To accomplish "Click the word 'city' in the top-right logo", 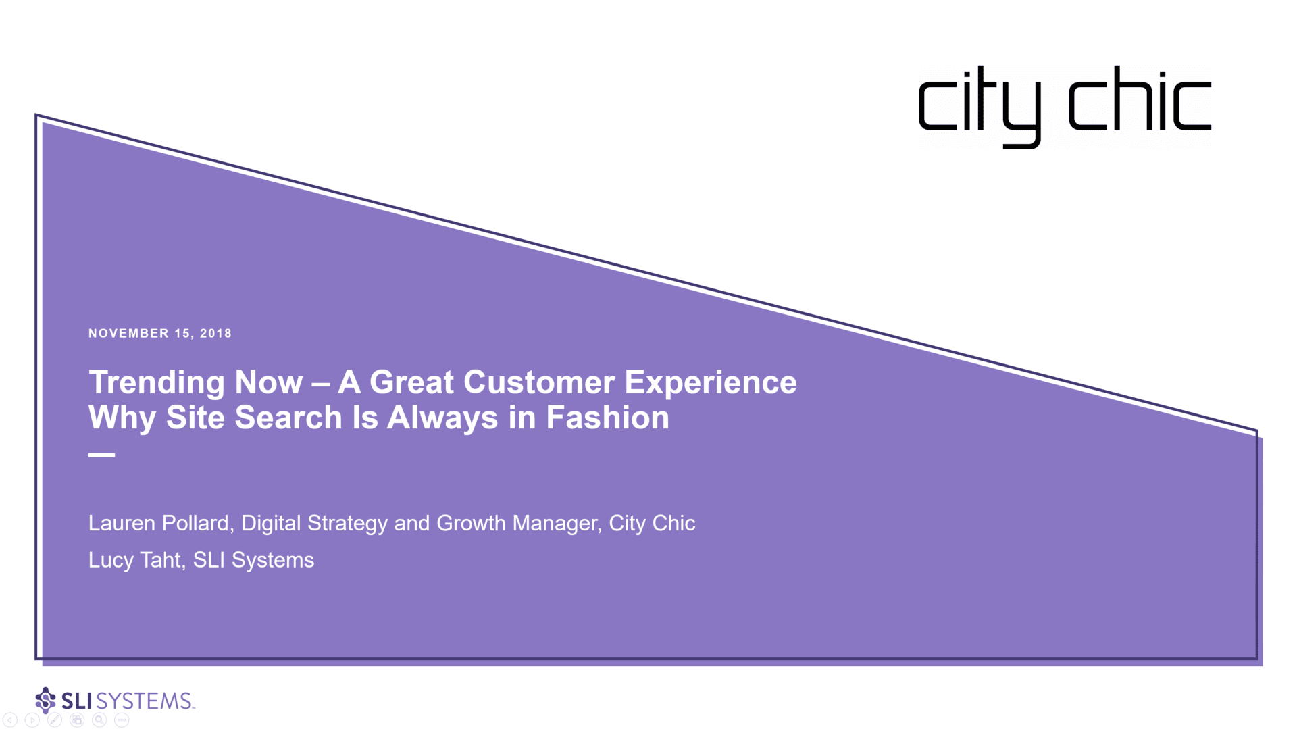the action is [980, 106].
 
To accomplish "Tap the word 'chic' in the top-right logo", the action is [1140, 98].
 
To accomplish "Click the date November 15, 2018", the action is [160, 333].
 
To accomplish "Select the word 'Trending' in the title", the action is [157, 382].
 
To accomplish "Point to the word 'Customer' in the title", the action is [538, 382].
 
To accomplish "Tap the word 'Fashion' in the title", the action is [607, 418].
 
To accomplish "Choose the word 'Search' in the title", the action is [288, 418].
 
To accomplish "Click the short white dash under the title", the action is [101, 455].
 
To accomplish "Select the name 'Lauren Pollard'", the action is [159, 523].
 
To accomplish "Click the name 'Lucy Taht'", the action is [135, 560].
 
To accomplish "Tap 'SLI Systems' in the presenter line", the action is [253, 560].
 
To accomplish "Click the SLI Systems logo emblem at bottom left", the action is [45, 701].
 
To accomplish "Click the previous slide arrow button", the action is [10, 720].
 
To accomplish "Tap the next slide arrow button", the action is [32, 720].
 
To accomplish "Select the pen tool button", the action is [55, 720].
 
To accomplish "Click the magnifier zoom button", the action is [99, 720].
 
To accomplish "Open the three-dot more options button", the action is [122, 720].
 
